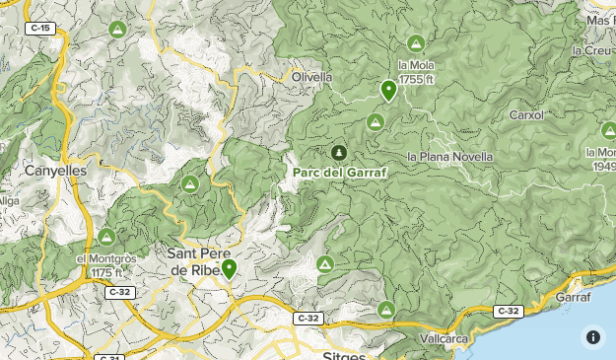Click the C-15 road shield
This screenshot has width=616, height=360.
tap(40, 29)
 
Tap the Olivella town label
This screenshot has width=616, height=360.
tap(311, 76)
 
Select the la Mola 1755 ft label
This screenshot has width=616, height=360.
tap(416, 72)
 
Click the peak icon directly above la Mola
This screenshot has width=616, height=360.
tap(415, 44)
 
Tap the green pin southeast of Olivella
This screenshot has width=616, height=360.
tap(388, 92)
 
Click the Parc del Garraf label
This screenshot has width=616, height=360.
tap(340, 172)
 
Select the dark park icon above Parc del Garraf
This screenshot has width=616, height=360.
tap(339, 153)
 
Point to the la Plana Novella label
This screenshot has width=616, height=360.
tap(449, 157)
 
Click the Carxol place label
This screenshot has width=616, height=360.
tap(526, 115)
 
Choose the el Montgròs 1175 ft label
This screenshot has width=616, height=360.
tap(100, 265)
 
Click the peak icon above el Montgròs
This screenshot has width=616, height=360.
tap(106, 237)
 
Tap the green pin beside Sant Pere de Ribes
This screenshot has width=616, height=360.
tap(229, 268)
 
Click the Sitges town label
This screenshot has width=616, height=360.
tap(345, 352)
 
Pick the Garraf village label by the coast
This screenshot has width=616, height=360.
tap(573, 296)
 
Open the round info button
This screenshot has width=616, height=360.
tap(592, 336)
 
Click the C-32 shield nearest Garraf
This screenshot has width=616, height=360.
tap(508, 312)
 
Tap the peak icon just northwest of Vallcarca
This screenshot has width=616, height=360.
tap(386, 311)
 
